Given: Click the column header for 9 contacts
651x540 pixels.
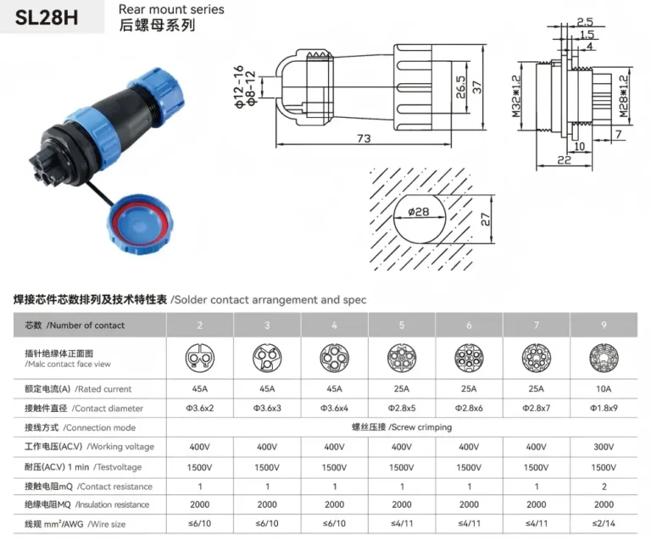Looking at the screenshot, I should (x=604, y=325).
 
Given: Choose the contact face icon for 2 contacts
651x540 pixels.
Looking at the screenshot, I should (x=200, y=357).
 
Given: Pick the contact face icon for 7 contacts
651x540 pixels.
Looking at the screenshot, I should (x=536, y=357).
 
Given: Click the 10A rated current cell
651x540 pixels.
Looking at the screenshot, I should (x=604, y=389).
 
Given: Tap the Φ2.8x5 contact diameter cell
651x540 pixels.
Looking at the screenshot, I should (x=402, y=409).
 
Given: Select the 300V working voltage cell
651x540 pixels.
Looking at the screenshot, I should (x=604, y=447).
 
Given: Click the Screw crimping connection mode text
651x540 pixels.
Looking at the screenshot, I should (x=401, y=427).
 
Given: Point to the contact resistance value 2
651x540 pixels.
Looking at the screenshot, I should (x=604, y=487).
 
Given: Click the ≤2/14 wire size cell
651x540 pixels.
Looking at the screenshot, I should (x=604, y=524).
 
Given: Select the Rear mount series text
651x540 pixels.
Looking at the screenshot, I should (x=172, y=9).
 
